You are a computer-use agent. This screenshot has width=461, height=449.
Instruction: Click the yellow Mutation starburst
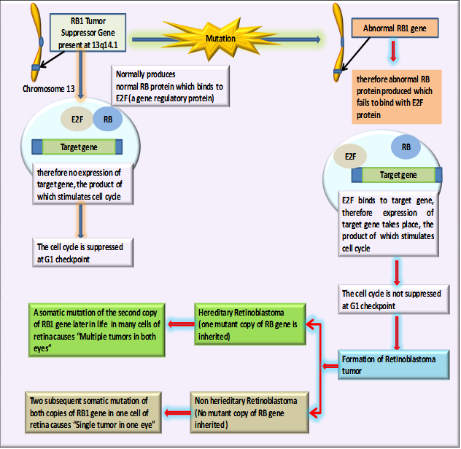click(x=221, y=38)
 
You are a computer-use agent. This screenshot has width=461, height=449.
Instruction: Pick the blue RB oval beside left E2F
click(x=107, y=118)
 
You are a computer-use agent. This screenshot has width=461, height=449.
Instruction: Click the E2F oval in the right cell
click(x=350, y=156)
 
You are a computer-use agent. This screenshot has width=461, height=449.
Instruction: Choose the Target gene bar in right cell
click(x=398, y=175)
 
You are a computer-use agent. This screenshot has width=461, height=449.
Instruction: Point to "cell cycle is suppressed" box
click(x=80, y=252)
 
